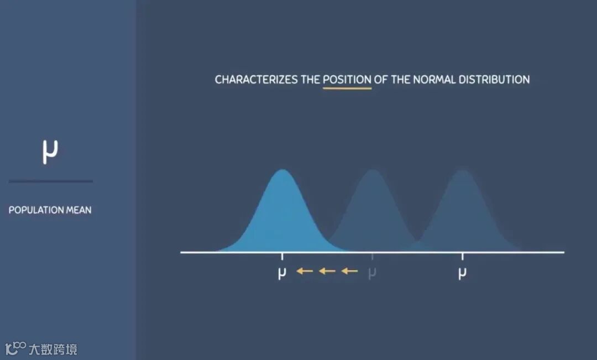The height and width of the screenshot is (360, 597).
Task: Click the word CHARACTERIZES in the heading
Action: tap(256, 80)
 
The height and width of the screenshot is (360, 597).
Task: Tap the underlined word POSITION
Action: tap(347, 80)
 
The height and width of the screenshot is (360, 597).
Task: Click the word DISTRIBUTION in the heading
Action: tap(494, 80)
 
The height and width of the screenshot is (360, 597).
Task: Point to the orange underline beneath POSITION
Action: tap(347, 88)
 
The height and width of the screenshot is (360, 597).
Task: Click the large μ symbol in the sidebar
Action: tap(50, 151)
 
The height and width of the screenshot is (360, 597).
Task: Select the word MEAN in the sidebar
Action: tap(79, 210)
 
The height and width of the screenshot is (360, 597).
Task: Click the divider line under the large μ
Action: tap(51, 181)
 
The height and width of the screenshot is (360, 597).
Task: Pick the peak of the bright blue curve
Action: tap(282, 170)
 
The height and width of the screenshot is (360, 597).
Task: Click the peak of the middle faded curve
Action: tap(372, 170)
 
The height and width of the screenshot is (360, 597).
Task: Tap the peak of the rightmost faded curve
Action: tap(463, 170)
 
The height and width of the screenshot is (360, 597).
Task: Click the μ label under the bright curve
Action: tap(282, 273)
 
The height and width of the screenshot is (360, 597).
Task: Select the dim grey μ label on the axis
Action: tap(372, 273)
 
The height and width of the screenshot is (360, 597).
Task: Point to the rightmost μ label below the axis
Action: tap(462, 273)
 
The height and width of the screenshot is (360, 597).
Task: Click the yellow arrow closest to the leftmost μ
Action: tap(305, 271)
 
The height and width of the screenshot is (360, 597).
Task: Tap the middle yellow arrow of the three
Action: tap(327, 271)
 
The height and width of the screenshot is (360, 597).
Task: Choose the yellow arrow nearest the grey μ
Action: tap(349, 271)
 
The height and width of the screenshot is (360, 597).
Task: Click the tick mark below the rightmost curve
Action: tap(463, 257)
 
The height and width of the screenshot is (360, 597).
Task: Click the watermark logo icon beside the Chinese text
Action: tap(15, 348)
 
